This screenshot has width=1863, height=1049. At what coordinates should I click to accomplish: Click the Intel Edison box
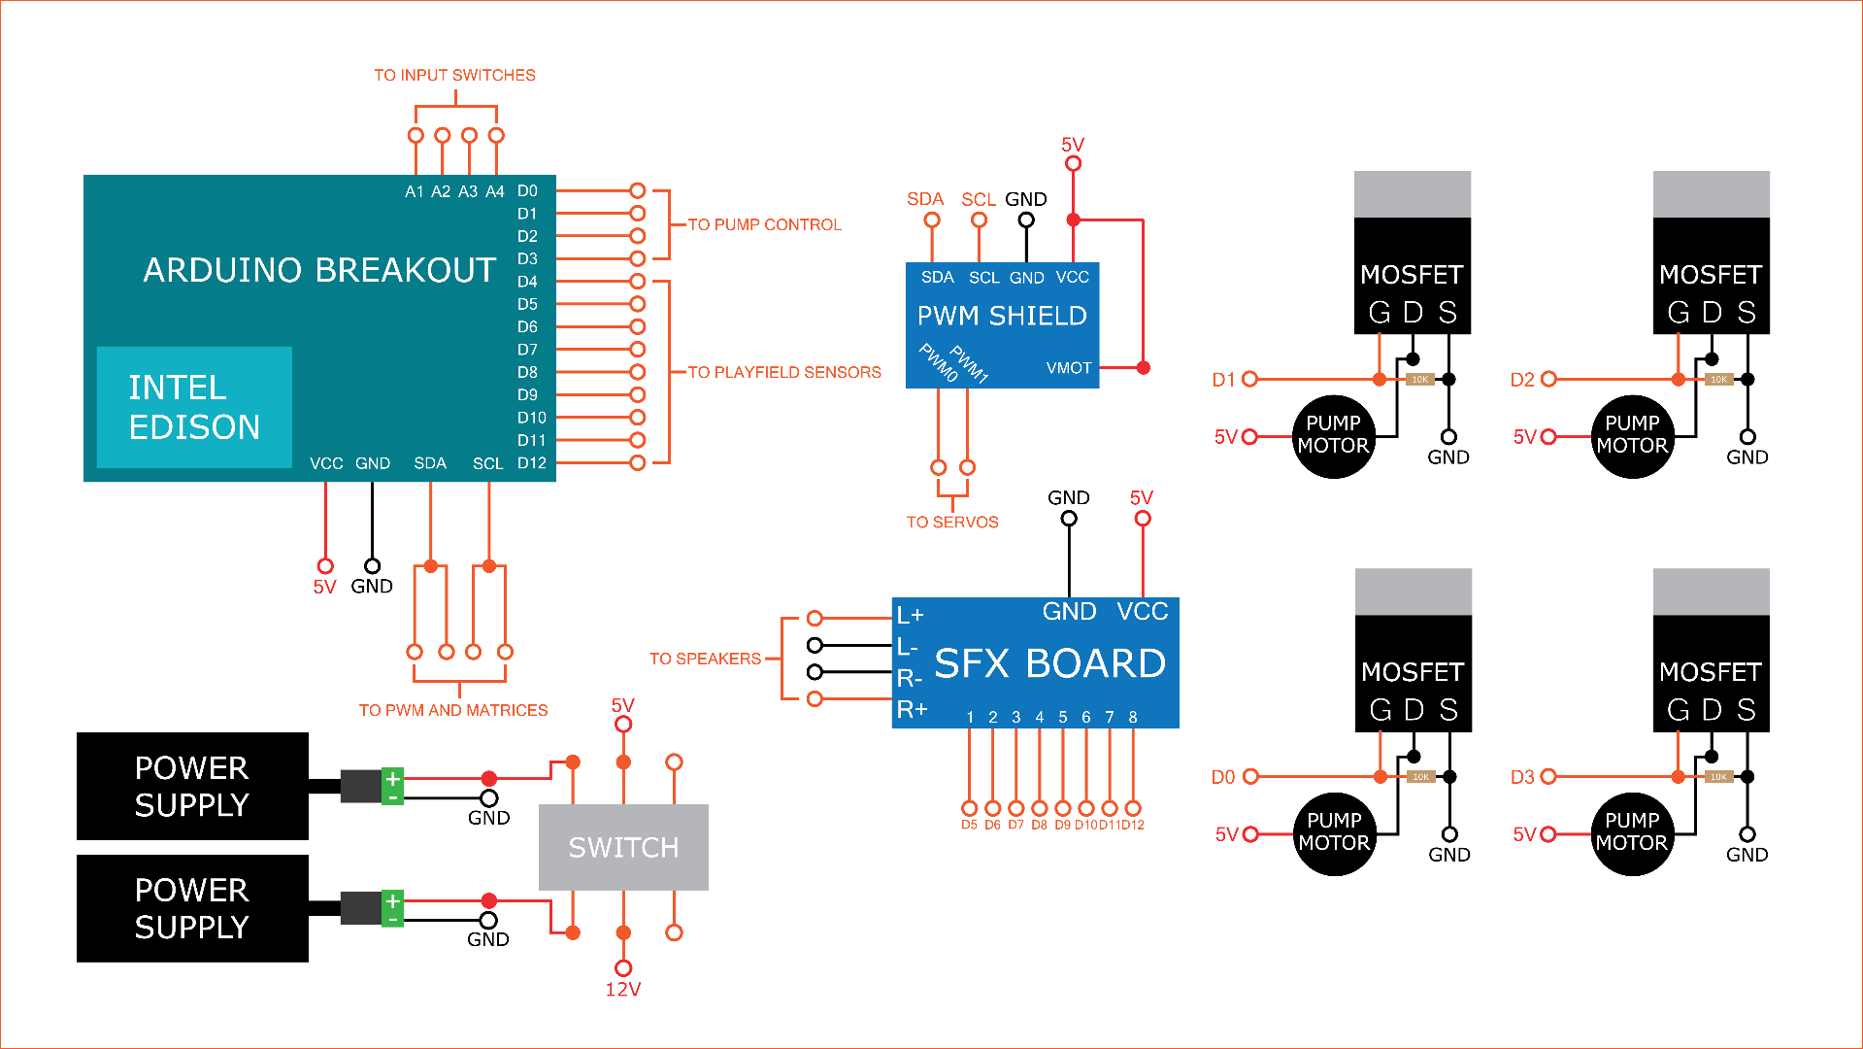pos(194,407)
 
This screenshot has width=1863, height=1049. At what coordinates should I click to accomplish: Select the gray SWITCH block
pos(623,847)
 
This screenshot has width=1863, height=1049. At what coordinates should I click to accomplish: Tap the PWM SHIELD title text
pos(1002,316)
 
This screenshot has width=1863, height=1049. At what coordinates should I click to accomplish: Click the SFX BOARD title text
pos(1049,663)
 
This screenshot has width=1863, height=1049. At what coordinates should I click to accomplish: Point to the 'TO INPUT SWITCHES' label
pos(454,75)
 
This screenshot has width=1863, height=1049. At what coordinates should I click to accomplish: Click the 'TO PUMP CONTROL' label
pos(764,224)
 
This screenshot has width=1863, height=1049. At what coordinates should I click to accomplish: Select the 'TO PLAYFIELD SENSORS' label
pos(784,372)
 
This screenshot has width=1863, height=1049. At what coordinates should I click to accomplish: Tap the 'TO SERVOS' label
pos(951,522)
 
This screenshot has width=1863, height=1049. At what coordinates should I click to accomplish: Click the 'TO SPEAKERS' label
pos(705,659)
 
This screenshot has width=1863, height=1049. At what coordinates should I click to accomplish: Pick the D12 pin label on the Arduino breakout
pos(531,463)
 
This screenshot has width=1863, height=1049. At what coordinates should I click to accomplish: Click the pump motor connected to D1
pos(1333,436)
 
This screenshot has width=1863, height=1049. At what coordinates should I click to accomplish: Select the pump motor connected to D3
pos(1631,833)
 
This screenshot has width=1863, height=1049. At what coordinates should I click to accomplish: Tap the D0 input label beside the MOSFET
pos(1222,777)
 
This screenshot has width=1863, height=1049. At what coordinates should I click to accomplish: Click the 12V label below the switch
pos(622,990)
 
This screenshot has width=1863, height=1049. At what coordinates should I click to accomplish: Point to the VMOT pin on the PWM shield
pos(1068,368)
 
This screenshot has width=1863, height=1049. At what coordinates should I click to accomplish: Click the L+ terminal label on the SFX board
pos(910,616)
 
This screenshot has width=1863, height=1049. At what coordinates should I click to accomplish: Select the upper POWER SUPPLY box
pos(192,786)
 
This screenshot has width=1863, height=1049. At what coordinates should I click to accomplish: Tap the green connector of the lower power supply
pos(392,908)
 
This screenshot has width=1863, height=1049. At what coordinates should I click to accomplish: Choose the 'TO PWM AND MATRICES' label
pos(452,710)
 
